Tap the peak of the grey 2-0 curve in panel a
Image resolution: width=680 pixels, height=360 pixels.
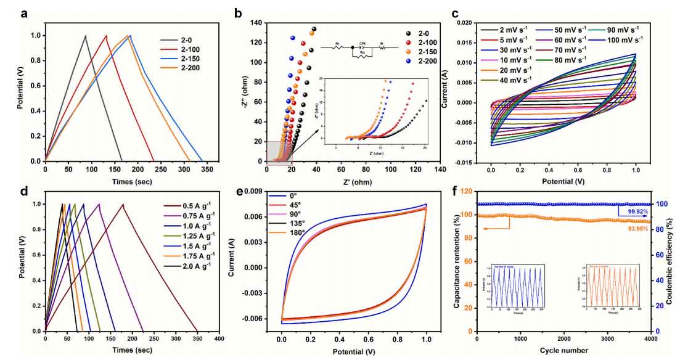(85, 36)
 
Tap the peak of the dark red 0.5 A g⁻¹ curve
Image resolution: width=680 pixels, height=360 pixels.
(123, 204)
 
